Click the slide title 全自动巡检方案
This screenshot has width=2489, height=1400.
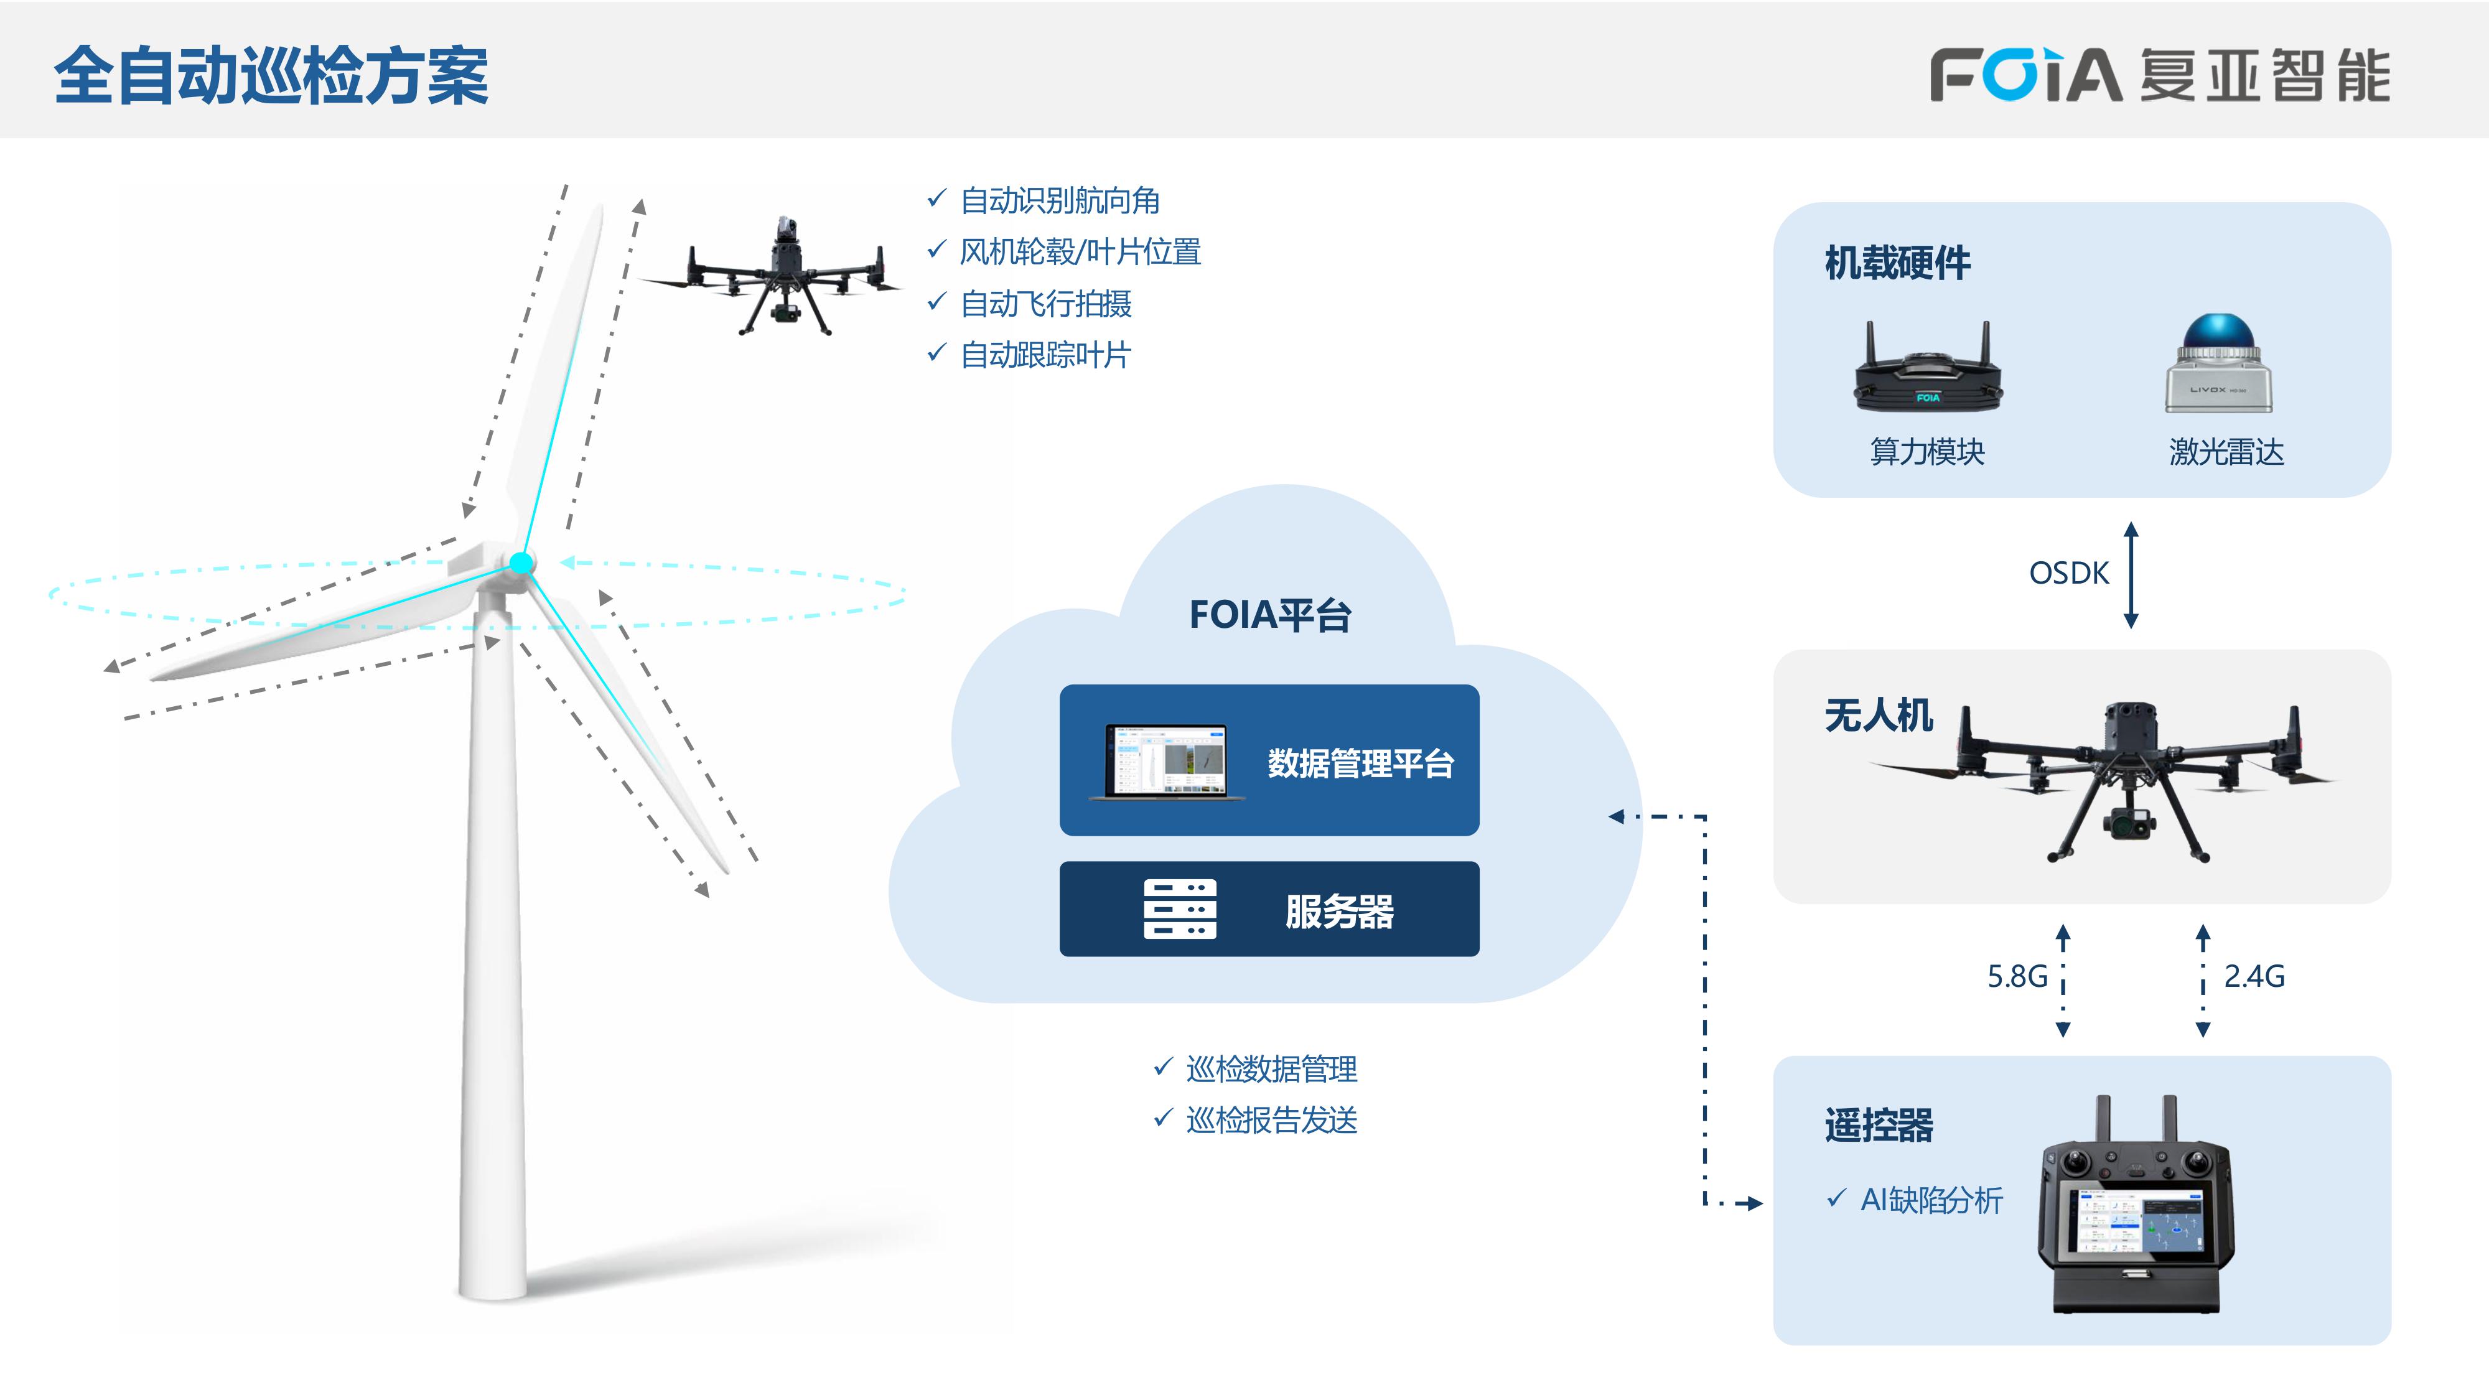[x=271, y=75]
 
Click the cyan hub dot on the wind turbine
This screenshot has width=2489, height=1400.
[x=521, y=562]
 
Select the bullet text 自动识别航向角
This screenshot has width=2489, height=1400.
[x=1059, y=201]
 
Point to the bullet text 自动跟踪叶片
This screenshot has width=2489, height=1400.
[x=1045, y=355]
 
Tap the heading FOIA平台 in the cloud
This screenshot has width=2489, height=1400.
[x=1269, y=615]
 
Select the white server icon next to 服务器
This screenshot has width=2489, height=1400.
[x=1180, y=909]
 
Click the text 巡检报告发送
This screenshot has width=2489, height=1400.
[x=1271, y=1121]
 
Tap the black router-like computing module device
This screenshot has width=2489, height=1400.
[x=1928, y=377]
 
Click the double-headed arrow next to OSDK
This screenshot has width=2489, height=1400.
[x=2131, y=575]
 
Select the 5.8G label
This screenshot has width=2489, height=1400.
[x=2017, y=977]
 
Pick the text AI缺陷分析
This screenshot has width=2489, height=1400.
[x=1930, y=1200]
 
